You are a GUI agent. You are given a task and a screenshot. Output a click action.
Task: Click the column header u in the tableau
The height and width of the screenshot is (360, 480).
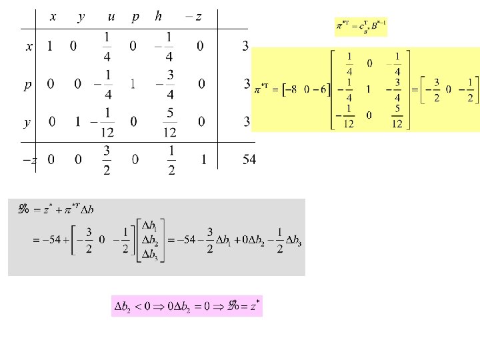[111, 17]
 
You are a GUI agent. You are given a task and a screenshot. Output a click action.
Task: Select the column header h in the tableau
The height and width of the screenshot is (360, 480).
[158, 16]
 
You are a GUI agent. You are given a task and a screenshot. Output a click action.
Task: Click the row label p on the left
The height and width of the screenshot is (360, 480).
[28, 85]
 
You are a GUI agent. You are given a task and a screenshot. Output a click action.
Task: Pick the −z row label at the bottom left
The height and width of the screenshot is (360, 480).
[29, 160]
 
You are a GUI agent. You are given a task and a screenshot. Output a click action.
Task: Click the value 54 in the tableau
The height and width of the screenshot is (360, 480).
[249, 160]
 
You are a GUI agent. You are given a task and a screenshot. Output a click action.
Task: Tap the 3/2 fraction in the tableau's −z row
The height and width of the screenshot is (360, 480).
[107, 159]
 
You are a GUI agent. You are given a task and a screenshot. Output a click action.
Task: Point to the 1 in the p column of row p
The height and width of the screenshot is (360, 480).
[133, 84]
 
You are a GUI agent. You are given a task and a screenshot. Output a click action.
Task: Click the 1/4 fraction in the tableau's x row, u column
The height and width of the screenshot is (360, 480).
[108, 46]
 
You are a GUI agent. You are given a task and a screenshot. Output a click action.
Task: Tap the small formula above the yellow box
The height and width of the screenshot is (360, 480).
[361, 27]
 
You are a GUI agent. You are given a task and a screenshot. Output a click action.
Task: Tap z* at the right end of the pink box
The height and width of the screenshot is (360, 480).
[254, 307]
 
